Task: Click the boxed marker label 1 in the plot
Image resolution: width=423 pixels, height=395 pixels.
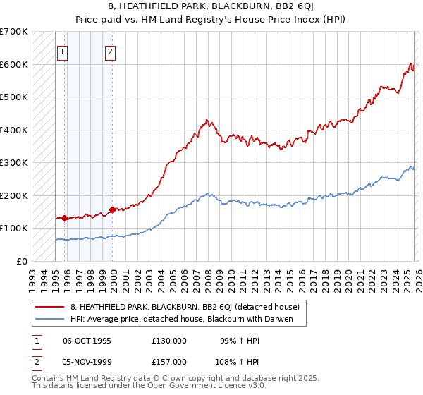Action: coord(62,51)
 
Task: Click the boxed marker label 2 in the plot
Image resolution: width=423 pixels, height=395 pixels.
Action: coord(111,51)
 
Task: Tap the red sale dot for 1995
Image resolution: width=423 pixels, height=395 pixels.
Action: coord(65,218)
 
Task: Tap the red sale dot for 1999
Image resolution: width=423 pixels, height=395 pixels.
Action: coord(113,209)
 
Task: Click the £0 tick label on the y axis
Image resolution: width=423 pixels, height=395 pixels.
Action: coord(21,261)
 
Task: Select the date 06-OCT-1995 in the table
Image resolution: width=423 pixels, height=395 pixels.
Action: coord(87,340)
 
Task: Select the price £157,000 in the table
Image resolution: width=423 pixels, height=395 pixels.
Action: coord(168,361)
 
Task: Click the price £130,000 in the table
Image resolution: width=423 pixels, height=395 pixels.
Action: coord(168,340)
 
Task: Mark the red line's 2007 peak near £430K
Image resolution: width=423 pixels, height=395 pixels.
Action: coord(205,120)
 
